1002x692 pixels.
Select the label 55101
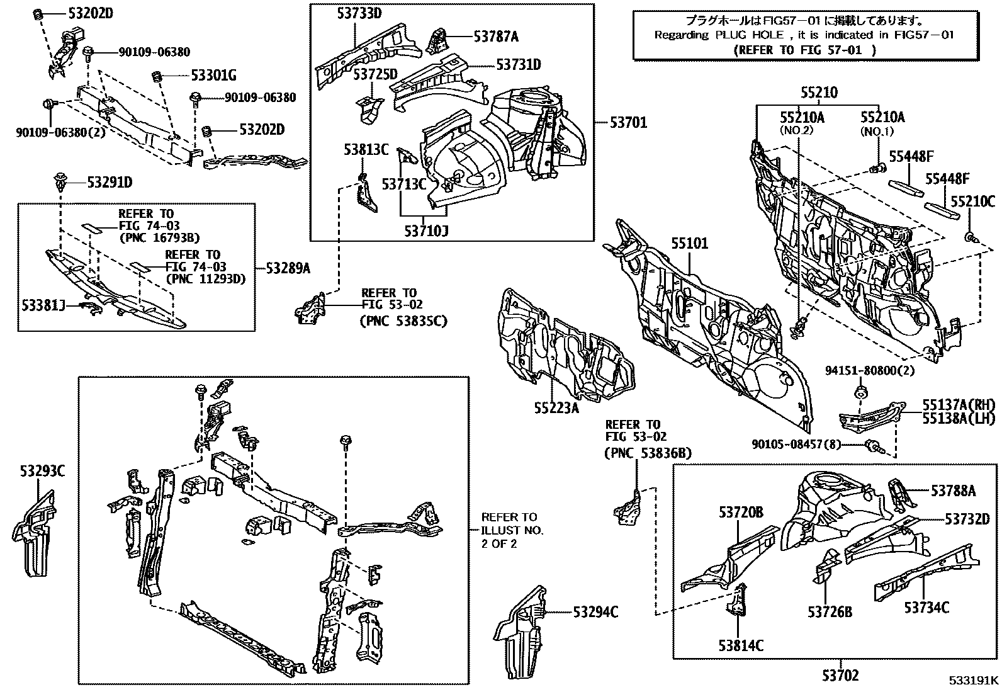coord(689,243)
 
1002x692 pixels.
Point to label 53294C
coord(595,611)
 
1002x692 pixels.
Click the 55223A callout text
coord(556,407)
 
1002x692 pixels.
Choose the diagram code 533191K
coord(974,680)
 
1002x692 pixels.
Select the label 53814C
coord(740,645)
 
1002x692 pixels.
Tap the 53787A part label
coord(496,37)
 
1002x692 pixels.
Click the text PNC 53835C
coord(403,321)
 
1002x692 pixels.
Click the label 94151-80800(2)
coord(869,371)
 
